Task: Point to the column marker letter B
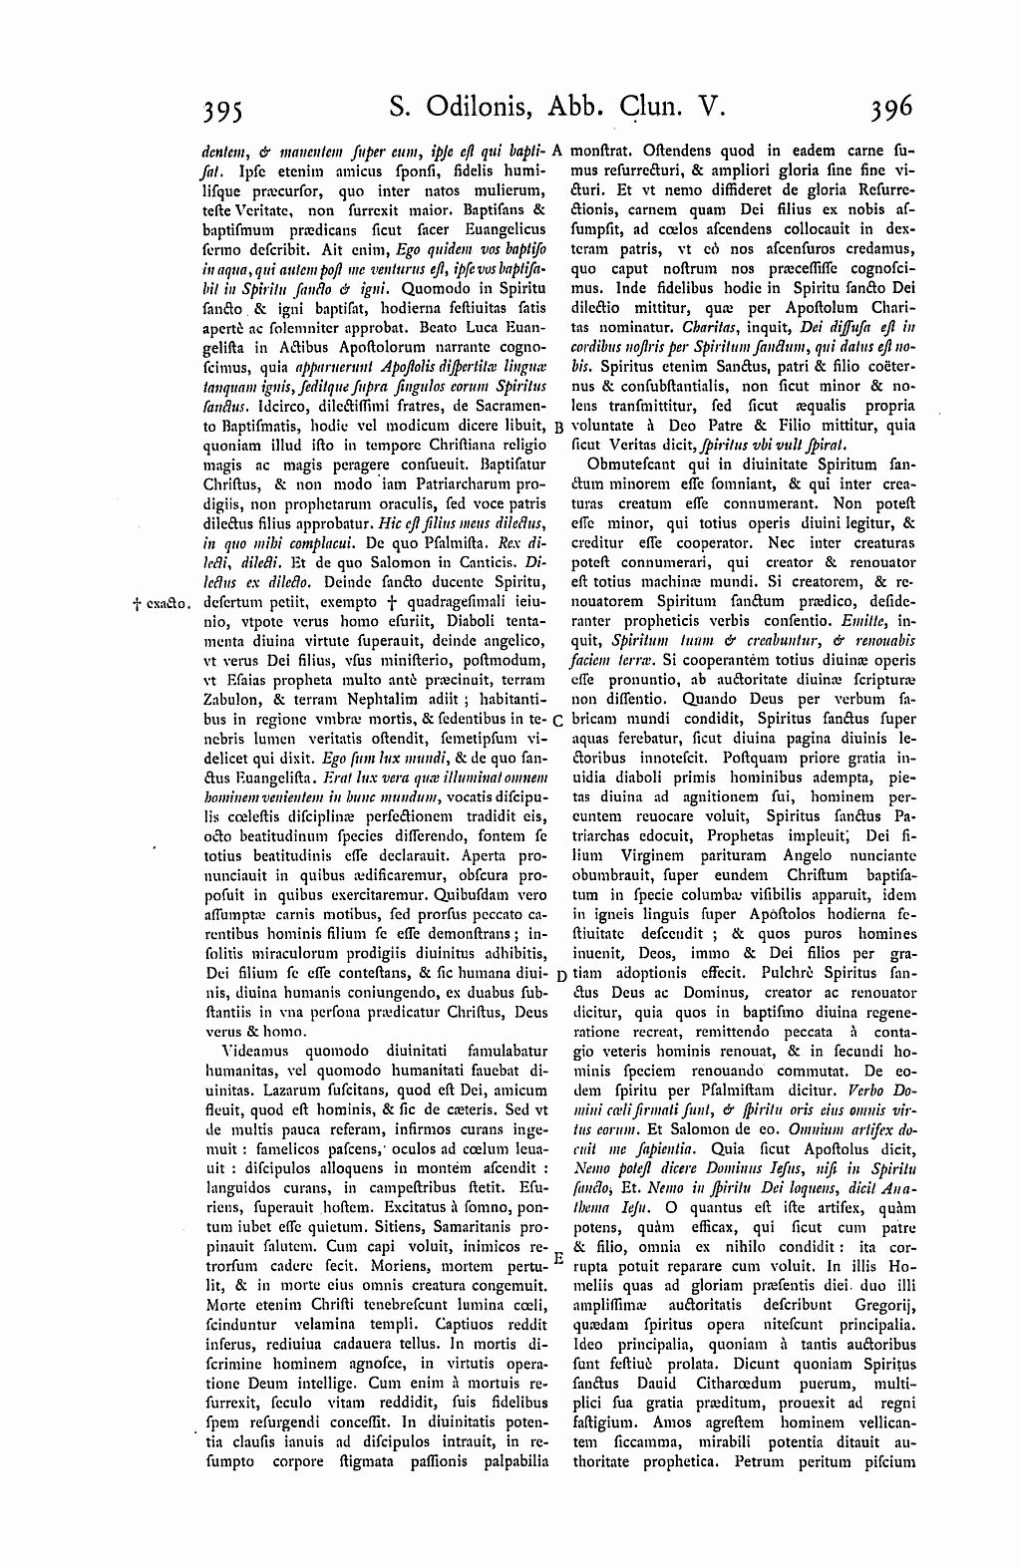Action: pos(558,427)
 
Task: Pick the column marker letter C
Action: pos(558,720)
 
